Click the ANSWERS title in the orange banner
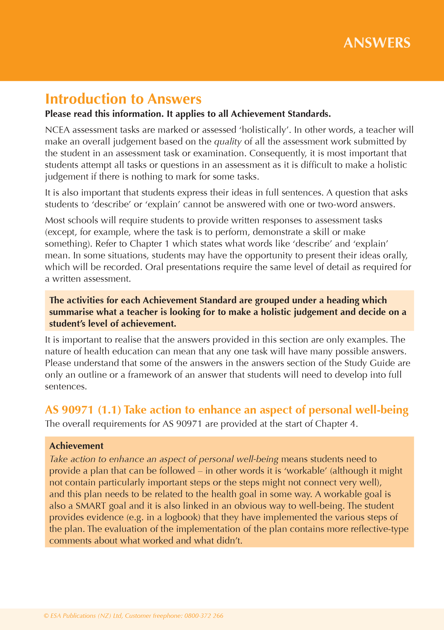377,43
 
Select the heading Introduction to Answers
123,99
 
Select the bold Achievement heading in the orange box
76,446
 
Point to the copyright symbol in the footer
46,616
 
